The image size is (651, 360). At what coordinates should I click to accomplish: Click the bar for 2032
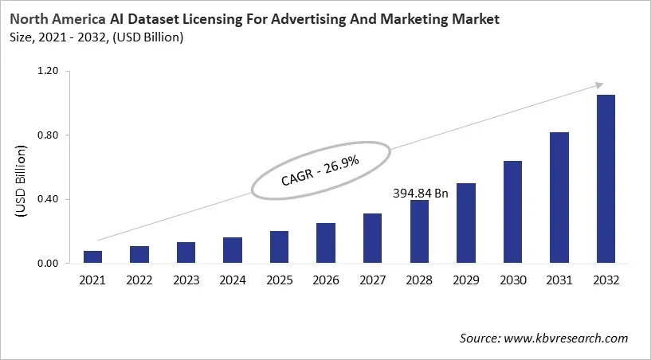606,178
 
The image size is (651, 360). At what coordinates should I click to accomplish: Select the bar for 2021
93,256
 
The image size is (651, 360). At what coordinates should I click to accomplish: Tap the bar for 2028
419,231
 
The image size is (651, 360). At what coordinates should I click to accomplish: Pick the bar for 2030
512,212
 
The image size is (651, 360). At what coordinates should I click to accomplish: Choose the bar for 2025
280,247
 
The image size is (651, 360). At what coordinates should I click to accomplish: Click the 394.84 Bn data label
422,192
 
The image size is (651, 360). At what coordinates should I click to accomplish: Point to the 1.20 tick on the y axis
49,72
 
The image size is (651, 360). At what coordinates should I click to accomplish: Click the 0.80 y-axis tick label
49,135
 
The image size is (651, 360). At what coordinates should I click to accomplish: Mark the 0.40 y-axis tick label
49,199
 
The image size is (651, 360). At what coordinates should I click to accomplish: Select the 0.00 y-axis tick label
49,264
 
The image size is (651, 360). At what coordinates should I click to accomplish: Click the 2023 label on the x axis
186,280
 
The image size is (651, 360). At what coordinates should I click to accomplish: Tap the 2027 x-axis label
373,280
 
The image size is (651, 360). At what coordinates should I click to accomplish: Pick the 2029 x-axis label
466,280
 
